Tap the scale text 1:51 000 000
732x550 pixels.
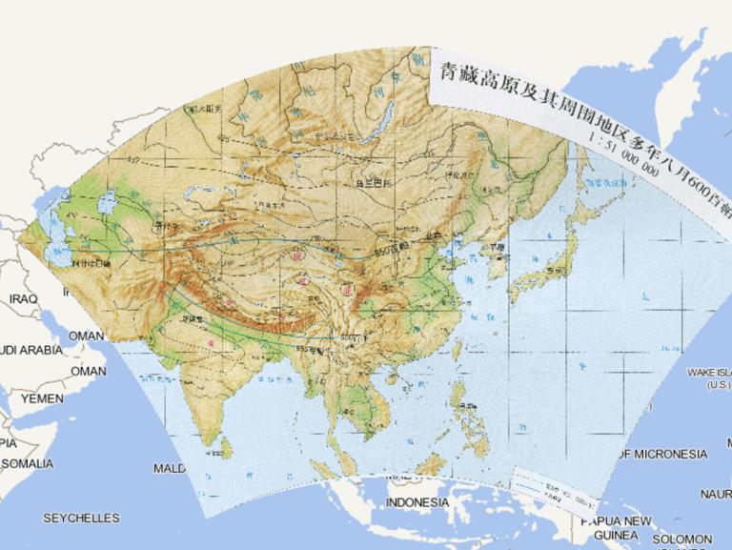tap(624, 153)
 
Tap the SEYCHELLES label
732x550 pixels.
tap(81, 518)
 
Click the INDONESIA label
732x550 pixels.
tap(417, 502)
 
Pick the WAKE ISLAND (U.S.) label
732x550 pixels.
tap(711, 378)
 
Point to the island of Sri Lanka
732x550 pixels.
tap(229, 444)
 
